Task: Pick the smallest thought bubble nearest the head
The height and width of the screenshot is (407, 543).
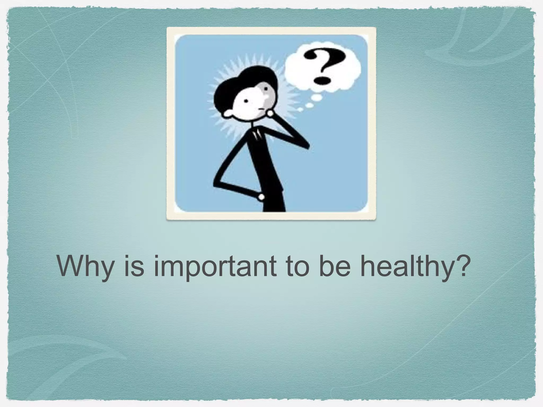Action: tap(300, 109)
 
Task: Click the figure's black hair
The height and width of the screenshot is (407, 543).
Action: tap(239, 79)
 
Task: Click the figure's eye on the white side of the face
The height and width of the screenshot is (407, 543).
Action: tap(246, 101)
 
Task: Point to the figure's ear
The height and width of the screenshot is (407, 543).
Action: tap(227, 114)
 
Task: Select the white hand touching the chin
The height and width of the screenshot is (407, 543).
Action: tap(271, 113)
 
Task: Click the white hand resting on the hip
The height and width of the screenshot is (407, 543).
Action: tap(261, 197)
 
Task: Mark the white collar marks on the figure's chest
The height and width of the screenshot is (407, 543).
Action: tap(257, 135)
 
